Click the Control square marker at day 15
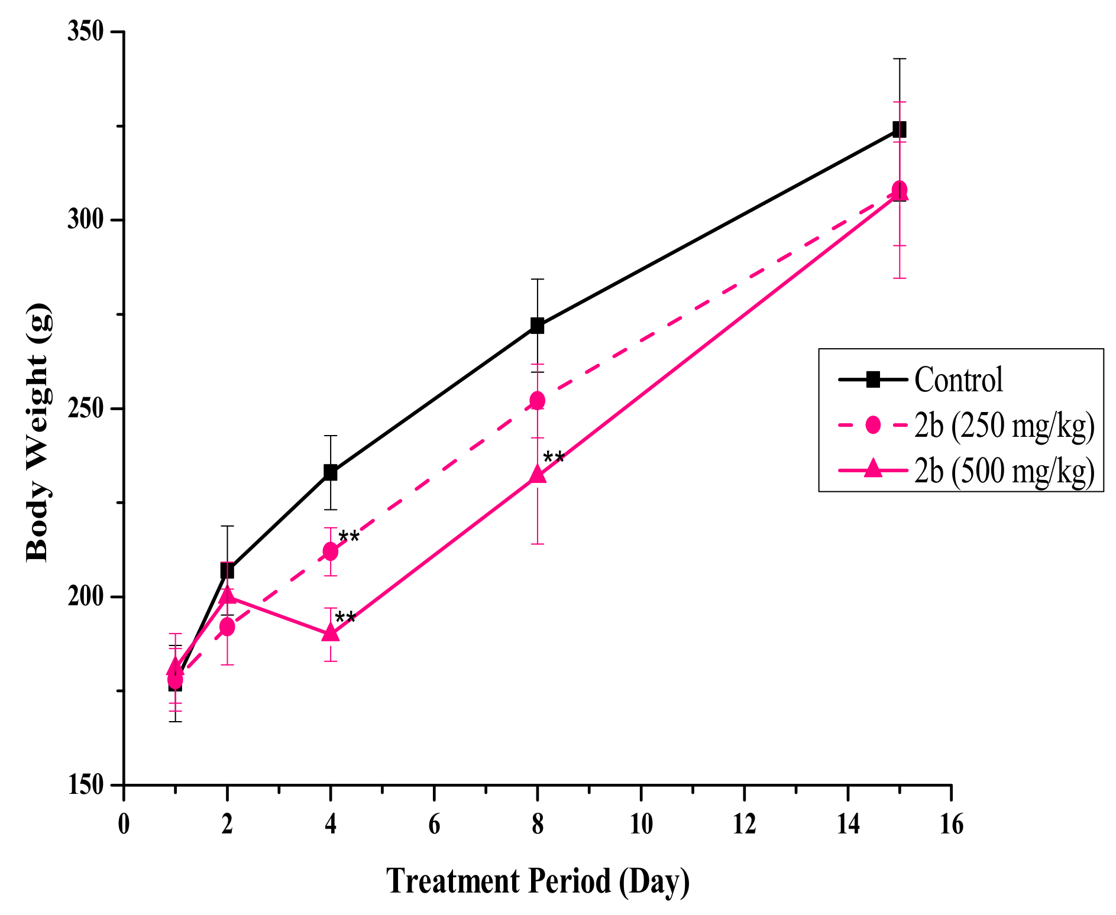(x=899, y=129)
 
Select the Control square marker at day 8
(x=537, y=325)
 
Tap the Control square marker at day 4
(x=331, y=472)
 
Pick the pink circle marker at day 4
(x=331, y=551)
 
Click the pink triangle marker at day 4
(x=331, y=632)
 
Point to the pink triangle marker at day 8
(x=537, y=473)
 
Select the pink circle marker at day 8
(x=537, y=401)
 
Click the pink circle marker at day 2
(x=227, y=627)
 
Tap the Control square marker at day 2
(x=227, y=570)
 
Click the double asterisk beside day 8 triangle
(x=554, y=458)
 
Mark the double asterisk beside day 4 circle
(x=348, y=537)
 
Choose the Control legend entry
(x=958, y=379)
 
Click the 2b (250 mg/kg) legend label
(x=1004, y=426)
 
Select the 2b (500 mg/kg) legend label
(x=1004, y=471)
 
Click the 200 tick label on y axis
(x=86, y=597)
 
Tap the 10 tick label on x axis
(x=641, y=824)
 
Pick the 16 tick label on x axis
(x=951, y=824)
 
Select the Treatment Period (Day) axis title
(x=538, y=881)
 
